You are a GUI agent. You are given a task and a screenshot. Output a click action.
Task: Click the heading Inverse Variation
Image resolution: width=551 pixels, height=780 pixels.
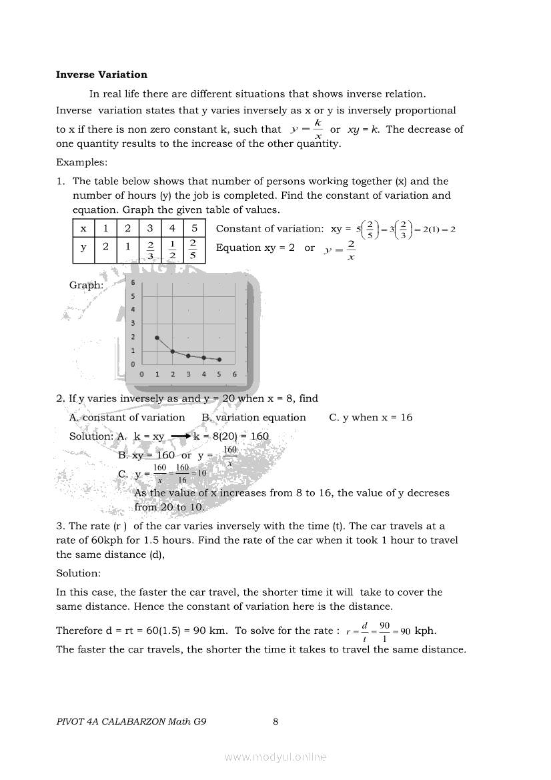101,75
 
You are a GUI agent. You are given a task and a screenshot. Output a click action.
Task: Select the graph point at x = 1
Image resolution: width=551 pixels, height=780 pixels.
157,338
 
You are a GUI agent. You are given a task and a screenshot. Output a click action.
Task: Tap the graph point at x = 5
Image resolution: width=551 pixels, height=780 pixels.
219,360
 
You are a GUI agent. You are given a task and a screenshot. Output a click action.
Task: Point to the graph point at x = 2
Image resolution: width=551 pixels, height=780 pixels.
173,351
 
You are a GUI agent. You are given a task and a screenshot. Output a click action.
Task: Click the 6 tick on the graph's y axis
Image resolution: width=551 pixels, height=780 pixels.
133,283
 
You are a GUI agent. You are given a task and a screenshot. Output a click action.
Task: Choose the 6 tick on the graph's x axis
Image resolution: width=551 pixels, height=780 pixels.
235,374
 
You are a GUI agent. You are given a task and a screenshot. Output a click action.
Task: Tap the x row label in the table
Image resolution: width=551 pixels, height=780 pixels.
83,228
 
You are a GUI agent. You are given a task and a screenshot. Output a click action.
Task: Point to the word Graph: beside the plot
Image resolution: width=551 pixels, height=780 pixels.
86,285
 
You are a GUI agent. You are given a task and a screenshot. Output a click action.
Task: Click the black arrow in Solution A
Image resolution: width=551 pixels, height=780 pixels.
181,436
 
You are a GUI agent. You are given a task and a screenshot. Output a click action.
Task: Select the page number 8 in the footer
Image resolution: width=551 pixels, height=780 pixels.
275,721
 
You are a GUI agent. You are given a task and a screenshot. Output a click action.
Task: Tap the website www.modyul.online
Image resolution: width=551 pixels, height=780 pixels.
275,757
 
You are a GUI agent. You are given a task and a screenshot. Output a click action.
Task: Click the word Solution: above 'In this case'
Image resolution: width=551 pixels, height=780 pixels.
78,573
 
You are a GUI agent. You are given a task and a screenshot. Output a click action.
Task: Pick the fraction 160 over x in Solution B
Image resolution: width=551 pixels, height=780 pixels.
229,456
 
